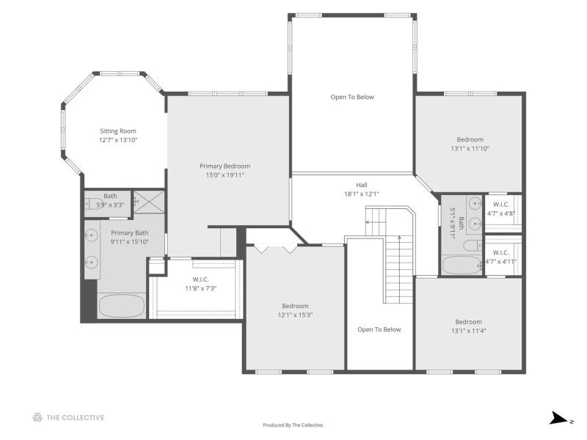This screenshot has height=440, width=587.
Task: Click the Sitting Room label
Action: (118, 131)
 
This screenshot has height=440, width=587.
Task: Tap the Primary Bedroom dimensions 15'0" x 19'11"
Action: (225, 175)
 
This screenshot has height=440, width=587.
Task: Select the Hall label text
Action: (362, 185)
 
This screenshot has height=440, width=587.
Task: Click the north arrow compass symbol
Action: (559, 418)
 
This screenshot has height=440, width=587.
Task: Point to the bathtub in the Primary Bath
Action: (121, 306)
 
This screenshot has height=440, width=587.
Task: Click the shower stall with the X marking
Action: (149, 202)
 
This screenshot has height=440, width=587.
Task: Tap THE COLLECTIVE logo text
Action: (76, 417)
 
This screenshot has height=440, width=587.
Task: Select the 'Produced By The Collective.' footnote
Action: (293, 425)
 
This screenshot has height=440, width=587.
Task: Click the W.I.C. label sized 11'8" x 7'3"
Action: (200, 279)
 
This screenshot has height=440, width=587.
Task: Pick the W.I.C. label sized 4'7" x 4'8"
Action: (501, 205)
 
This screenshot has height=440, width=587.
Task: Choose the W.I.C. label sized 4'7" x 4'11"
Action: (501, 252)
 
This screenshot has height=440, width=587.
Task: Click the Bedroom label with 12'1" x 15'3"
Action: (295, 306)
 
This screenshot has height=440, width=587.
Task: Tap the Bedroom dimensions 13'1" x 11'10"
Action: (470, 149)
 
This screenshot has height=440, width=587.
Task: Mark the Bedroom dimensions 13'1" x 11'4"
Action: (468, 331)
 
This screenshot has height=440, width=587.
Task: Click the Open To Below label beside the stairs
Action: (379, 329)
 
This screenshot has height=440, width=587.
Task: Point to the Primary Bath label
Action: (130, 232)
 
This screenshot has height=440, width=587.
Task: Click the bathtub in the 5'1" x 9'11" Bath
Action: (462, 265)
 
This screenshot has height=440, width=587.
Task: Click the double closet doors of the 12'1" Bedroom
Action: (276, 249)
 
